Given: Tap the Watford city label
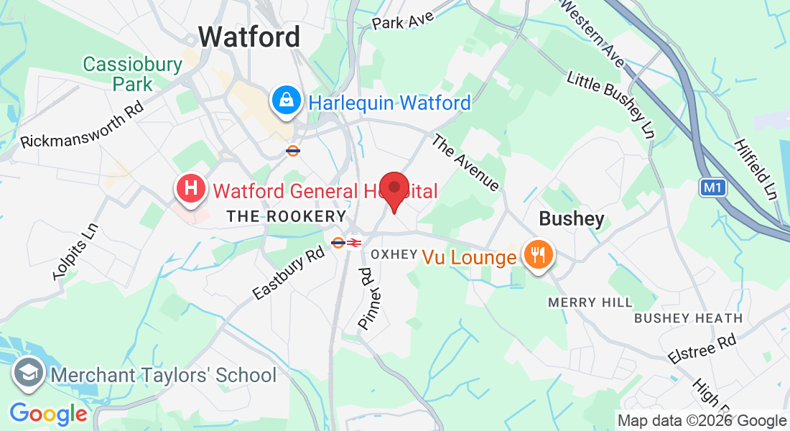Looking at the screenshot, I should point(249,37).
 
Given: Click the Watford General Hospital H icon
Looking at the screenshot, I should point(191,190).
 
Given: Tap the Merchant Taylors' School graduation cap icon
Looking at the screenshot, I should point(29,374).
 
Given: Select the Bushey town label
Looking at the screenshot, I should point(572,219).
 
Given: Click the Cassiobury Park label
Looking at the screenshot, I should point(133,74).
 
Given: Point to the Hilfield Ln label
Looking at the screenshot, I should point(756,169).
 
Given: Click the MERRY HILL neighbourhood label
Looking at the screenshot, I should point(590,302).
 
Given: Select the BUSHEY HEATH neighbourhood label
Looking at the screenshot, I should point(688,318).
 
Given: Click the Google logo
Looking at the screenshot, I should point(48,414).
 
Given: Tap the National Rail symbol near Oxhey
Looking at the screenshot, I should point(353,243).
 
